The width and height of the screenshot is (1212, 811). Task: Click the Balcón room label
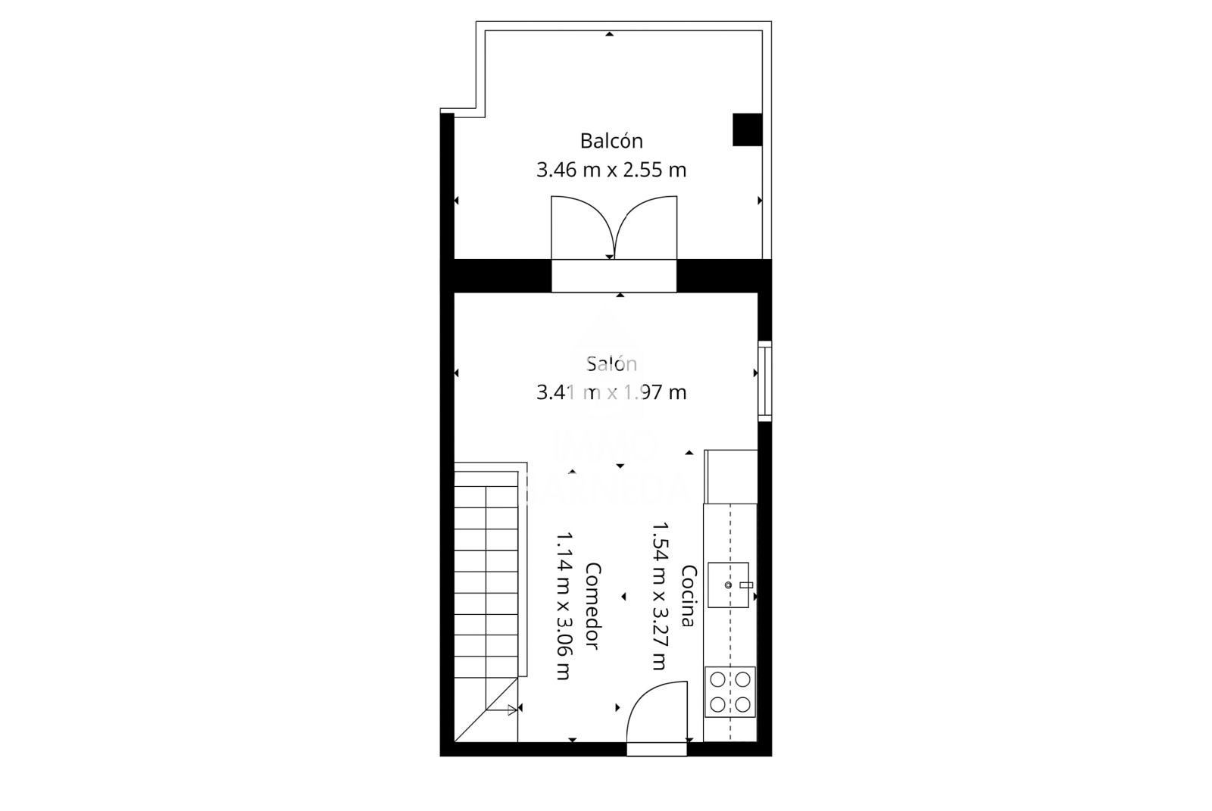pyautogui.click(x=611, y=141)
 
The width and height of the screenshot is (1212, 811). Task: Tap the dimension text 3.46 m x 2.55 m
pyautogui.click(x=611, y=170)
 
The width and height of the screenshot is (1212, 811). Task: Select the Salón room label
pyautogui.click(x=611, y=363)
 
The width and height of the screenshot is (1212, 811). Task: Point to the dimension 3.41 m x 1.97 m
pyautogui.click(x=611, y=392)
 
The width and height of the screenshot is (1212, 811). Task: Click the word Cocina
pyautogui.click(x=688, y=596)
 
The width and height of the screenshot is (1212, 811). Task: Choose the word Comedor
pyautogui.click(x=593, y=606)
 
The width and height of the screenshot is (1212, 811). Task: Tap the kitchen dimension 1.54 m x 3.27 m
pyautogui.click(x=659, y=596)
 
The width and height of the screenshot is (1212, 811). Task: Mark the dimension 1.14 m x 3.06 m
pyautogui.click(x=564, y=606)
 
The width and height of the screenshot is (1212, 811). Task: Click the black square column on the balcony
pyautogui.click(x=747, y=129)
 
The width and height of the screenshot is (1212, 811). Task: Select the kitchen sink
pyautogui.click(x=729, y=585)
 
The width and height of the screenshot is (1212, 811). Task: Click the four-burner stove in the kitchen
pyautogui.click(x=730, y=692)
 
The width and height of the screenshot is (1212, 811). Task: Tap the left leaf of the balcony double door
pyautogui.click(x=582, y=227)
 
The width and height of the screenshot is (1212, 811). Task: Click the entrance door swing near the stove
pyautogui.click(x=656, y=712)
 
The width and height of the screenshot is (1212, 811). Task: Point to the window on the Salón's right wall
pyautogui.click(x=765, y=381)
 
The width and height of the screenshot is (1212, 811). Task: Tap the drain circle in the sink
pyautogui.click(x=728, y=585)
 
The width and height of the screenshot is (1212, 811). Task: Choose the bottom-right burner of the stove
pyautogui.click(x=743, y=705)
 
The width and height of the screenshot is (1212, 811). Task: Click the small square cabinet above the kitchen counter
pyautogui.click(x=731, y=476)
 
